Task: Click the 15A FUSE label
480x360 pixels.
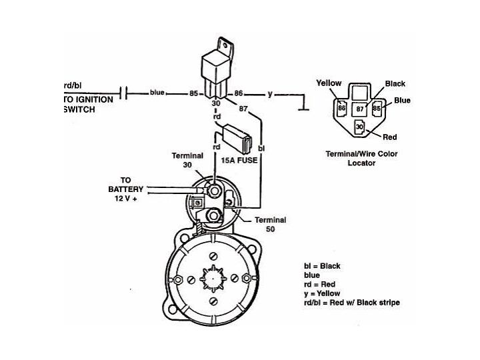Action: click(239, 161)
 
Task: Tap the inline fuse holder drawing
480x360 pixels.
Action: click(237, 139)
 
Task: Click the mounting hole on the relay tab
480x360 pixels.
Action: click(225, 45)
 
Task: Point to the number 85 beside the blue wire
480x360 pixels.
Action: click(193, 93)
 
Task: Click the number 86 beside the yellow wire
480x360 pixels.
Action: click(239, 93)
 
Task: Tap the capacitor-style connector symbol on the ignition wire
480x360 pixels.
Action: click(123, 93)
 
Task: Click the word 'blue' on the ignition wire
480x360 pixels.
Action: click(157, 93)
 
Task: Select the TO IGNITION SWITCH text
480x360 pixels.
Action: click(89, 105)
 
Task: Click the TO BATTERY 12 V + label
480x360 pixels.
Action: click(126, 189)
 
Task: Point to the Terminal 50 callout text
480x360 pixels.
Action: click(270, 225)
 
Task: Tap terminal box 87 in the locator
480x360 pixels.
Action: click(360, 109)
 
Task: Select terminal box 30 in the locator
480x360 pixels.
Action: click(360, 127)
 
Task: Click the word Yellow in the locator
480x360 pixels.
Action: click(329, 83)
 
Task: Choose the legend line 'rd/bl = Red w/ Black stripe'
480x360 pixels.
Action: click(352, 303)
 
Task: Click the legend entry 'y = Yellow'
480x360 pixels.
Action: click(322, 293)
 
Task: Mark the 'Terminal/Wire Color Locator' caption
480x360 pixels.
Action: click(361, 158)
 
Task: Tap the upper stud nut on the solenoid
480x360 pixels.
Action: click(214, 191)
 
